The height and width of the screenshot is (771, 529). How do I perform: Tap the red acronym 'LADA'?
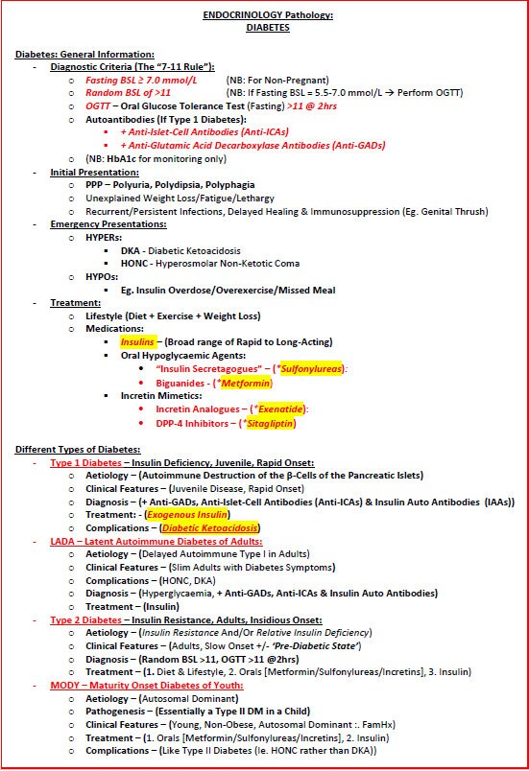63,542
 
